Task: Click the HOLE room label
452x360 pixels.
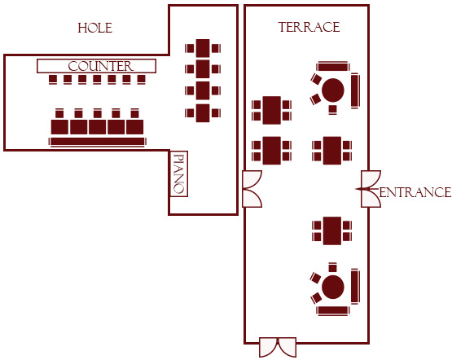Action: pyautogui.click(x=94, y=28)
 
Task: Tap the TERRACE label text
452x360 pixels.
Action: pyautogui.click(x=309, y=27)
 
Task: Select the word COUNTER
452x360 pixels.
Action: pyautogui.click(x=101, y=66)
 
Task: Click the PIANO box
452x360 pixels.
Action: pyautogui.click(x=178, y=173)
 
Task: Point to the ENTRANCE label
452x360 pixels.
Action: pyautogui.click(x=415, y=192)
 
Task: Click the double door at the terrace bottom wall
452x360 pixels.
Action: pyautogui.click(x=278, y=347)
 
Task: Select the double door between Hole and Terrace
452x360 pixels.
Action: pyautogui.click(x=252, y=189)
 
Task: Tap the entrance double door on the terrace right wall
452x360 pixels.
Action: pyautogui.click(x=371, y=189)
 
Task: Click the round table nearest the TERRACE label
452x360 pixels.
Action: pyautogui.click(x=332, y=90)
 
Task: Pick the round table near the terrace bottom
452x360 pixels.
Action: pyautogui.click(x=332, y=287)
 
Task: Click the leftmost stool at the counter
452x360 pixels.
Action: pyautogui.click(x=53, y=79)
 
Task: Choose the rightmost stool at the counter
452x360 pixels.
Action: pyautogui.click(x=141, y=79)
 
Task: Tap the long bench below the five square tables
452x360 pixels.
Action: pyautogui.click(x=98, y=142)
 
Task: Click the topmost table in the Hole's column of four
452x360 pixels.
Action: pyautogui.click(x=203, y=48)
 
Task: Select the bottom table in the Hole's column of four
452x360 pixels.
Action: pyautogui.click(x=203, y=113)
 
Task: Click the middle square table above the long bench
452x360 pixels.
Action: pyautogui.click(x=98, y=127)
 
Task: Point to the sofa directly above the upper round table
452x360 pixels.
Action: pyautogui.click(x=333, y=67)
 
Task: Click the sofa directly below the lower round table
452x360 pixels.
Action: pyautogui.click(x=333, y=310)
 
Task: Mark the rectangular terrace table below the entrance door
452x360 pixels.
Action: pyautogui.click(x=332, y=230)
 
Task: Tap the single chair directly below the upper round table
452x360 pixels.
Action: pyautogui.click(x=332, y=110)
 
